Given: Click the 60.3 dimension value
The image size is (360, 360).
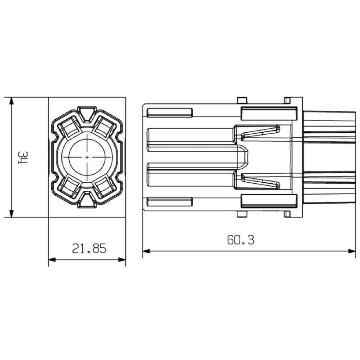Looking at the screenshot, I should pyautogui.click(x=240, y=240).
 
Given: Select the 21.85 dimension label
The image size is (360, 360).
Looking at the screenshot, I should pyautogui.click(x=89, y=248).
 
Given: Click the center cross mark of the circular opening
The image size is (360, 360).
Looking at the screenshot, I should pyautogui.click(x=87, y=157).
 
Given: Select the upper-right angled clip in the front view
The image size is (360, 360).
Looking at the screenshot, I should pyautogui.click(x=105, y=128).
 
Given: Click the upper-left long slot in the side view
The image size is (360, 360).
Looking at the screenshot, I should pyautogui.click(x=170, y=112).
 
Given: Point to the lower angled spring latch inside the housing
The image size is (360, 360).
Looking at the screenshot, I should pyautogui.click(x=260, y=182).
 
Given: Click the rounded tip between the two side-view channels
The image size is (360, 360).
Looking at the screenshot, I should pyautogui.click(x=245, y=157).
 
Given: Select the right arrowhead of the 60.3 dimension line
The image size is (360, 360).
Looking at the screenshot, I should pyautogui.click(x=351, y=251).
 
